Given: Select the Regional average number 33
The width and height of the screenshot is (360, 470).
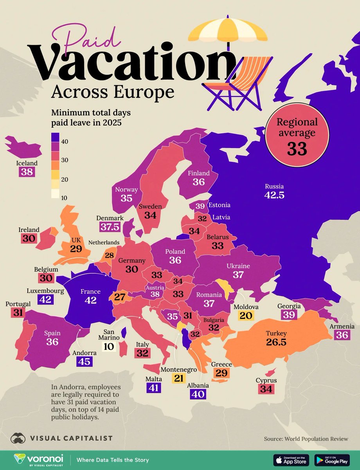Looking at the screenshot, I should pos(297,148).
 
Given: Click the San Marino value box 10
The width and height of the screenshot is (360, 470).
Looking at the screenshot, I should pos(108,346).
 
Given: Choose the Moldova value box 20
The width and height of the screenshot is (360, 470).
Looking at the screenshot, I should pos(245,316).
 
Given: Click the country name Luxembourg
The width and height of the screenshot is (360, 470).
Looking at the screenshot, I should pos(45,291).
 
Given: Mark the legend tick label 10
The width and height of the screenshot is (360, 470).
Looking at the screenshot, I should pos(65,198).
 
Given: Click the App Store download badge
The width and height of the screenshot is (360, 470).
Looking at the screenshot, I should pos(291,459).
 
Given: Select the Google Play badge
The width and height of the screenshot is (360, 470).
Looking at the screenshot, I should pos(331,459).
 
